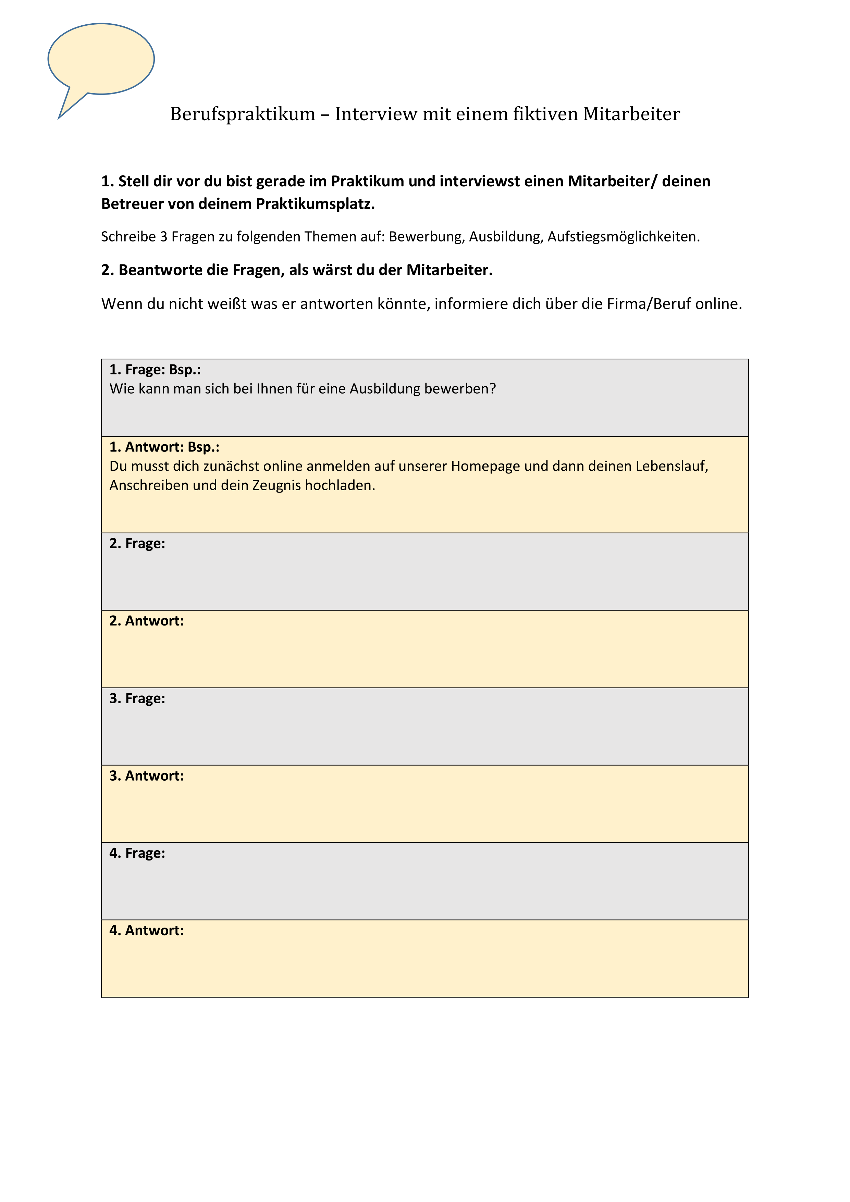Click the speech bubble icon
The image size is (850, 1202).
(101, 60)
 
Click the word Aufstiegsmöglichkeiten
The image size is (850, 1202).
(623, 237)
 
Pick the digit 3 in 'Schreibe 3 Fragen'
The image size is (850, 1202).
(163, 237)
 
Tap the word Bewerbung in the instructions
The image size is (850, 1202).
(426, 237)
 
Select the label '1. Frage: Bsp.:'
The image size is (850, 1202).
(155, 370)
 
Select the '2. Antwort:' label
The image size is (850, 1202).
(147, 621)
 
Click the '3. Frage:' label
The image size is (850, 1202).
(137, 698)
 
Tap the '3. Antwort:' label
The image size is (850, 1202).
(147, 776)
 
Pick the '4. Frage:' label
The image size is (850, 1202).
(137, 853)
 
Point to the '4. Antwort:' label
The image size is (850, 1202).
(147, 931)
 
